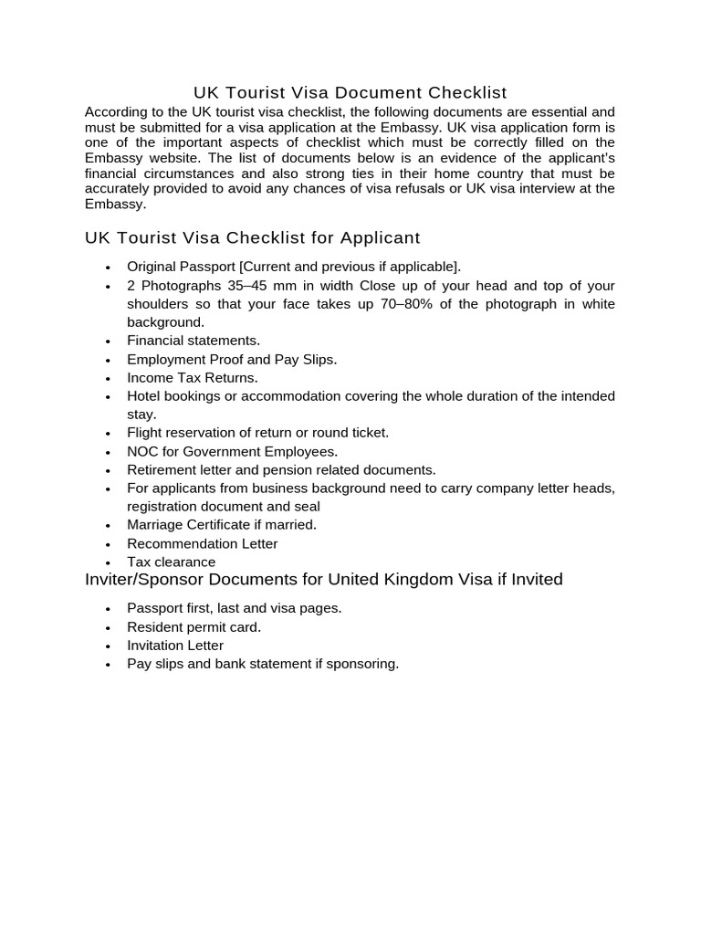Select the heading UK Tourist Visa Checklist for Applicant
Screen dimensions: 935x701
pos(252,238)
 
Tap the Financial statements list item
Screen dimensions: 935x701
pos(194,341)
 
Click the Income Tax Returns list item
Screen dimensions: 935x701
pos(193,377)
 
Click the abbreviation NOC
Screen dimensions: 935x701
pos(143,451)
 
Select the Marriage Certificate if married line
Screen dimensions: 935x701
pos(222,525)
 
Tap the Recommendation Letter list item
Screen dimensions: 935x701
pos(202,543)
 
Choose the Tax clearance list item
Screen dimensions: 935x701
pos(172,562)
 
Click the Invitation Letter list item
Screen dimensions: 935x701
pos(175,646)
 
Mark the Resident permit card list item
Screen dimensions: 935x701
pos(194,627)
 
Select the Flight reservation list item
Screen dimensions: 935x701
pos(257,433)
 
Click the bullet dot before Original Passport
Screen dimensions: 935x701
pos(108,268)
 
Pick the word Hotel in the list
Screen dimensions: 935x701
pos(144,396)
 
